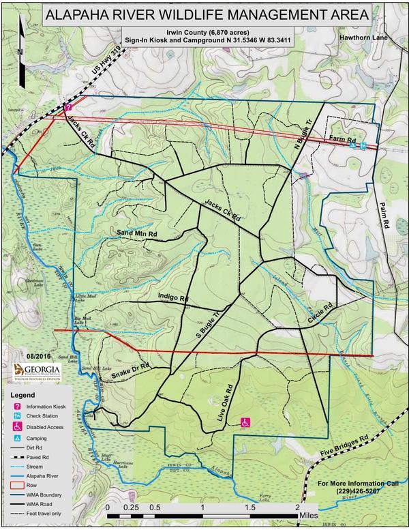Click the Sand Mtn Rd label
point(138,234)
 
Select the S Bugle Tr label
point(209,327)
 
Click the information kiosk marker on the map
point(68,107)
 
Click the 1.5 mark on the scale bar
point(250,509)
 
